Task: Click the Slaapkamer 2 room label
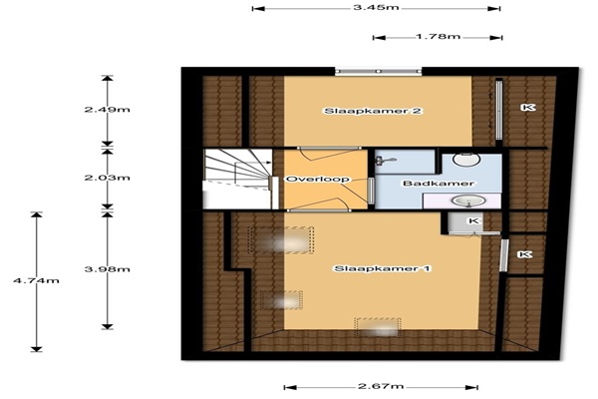click(x=373, y=111)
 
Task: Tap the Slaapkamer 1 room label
click(x=382, y=268)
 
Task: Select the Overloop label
click(x=318, y=180)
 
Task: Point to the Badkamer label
click(x=439, y=184)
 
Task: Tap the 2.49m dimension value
click(x=108, y=110)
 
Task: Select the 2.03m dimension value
click(x=108, y=178)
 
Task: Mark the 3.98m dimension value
click(x=108, y=269)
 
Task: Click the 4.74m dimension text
click(x=36, y=280)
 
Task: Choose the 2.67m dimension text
click(x=381, y=386)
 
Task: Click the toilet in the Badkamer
click(x=466, y=159)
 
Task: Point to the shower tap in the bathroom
click(x=385, y=161)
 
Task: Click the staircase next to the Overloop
click(x=237, y=179)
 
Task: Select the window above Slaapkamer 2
click(x=379, y=72)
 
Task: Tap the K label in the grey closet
click(x=473, y=220)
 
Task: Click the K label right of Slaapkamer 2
click(x=528, y=108)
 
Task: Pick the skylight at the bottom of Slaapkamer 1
click(x=378, y=328)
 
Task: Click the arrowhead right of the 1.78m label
click(x=495, y=38)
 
